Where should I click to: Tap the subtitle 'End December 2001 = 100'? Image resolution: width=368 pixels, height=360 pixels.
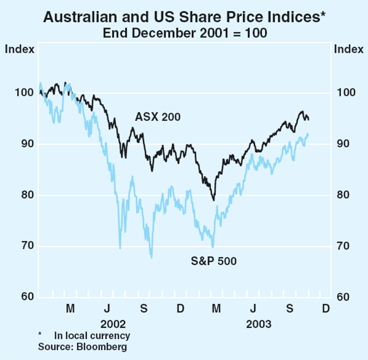click(x=184, y=33)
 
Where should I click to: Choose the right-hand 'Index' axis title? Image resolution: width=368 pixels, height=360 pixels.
click(x=347, y=48)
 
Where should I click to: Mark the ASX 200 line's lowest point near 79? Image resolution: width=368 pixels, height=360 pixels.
click(x=213, y=200)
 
